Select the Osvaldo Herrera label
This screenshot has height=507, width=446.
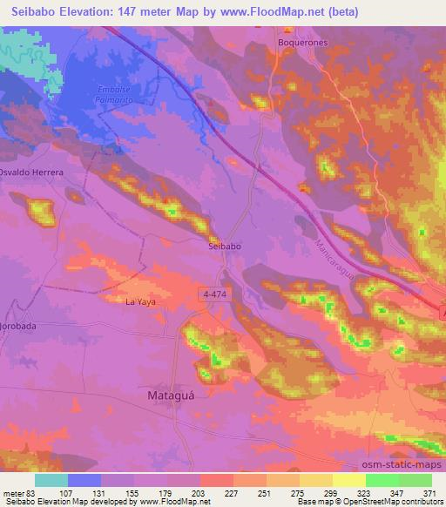click(31, 172)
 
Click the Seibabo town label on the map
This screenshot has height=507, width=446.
click(224, 247)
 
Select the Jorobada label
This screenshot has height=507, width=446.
click(21, 325)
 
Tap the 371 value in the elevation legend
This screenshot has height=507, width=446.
click(429, 492)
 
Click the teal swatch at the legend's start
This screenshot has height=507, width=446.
click(51, 480)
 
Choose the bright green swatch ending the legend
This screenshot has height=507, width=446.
click(415, 480)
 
